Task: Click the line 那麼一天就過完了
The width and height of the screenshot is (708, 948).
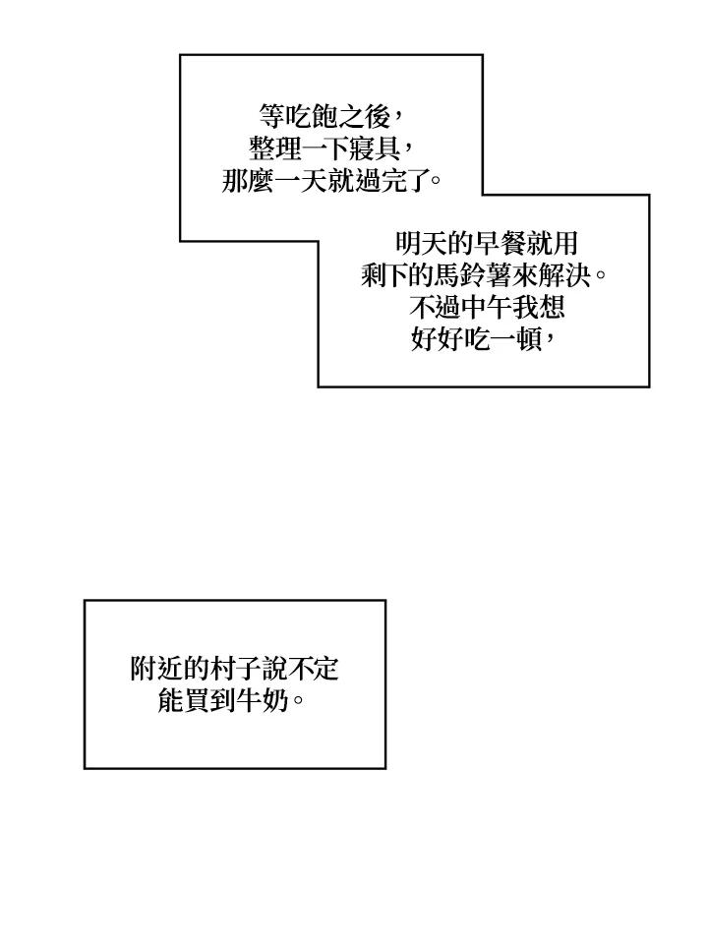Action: coord(330,182)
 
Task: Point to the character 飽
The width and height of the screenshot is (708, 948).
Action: coord(324,117)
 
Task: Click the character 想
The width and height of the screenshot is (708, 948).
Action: coord(554,308)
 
